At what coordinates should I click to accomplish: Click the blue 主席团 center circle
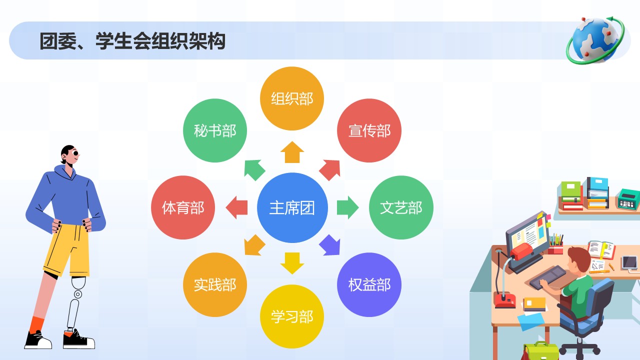(292, 207)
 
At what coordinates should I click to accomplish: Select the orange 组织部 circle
(292, 98)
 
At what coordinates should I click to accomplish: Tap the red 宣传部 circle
(369, 130)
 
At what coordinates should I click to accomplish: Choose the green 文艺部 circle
(401, 207)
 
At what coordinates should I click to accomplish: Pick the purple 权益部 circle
(369, 285)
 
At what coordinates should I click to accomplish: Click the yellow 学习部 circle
(292, 316)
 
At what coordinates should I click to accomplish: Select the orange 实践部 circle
(215, 285)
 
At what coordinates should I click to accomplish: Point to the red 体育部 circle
(183, 207)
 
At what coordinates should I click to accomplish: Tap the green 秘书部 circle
(215, 130)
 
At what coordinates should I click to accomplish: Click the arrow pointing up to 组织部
(292, 152)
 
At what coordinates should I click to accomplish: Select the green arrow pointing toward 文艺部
(347, 207)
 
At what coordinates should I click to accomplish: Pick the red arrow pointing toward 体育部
(236, 207)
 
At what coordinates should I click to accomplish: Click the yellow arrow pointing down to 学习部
(292, 263)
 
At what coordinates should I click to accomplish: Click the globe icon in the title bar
(595, 40)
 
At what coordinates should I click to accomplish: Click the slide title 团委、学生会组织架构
(132, 41)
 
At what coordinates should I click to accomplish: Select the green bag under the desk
(539, 351)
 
